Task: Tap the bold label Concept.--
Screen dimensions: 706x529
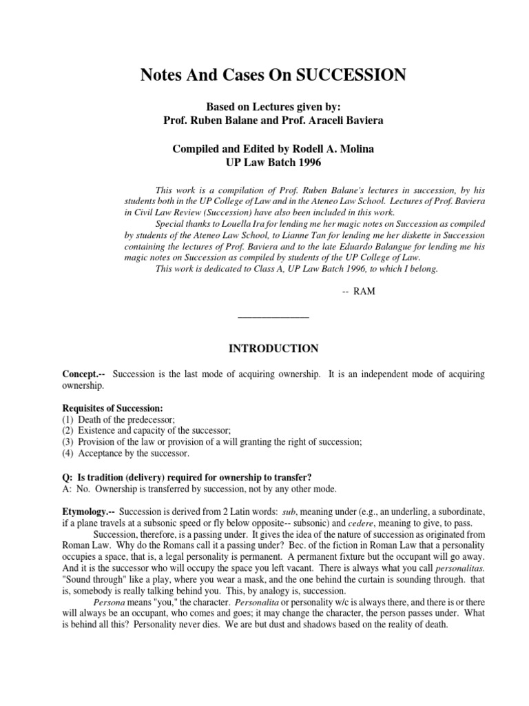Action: [84, 374]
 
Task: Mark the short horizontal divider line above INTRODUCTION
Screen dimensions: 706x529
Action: [273, 317]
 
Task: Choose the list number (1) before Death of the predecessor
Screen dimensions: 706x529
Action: [68, 419]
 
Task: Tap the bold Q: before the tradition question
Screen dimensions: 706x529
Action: [68, 477]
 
